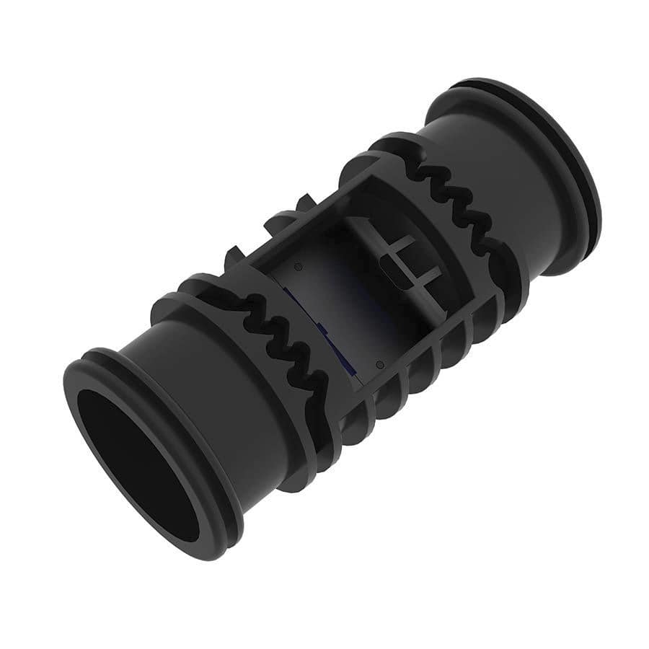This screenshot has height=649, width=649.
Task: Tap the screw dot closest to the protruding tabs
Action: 298,266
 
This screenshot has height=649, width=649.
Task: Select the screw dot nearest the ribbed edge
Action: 379,363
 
